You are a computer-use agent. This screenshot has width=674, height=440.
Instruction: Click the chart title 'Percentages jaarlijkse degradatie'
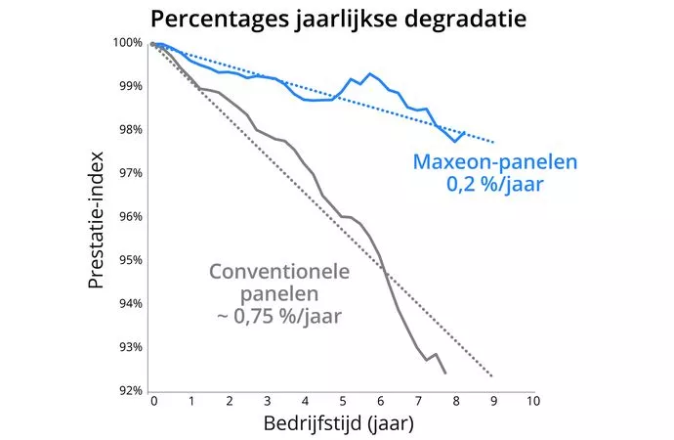[x=337, y=19]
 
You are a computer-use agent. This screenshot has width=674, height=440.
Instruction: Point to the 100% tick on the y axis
[x=128, y=43]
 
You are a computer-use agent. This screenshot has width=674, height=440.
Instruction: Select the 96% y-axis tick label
[x=131, y=217]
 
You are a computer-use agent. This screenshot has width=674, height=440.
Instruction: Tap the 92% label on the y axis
[x=131, y=391]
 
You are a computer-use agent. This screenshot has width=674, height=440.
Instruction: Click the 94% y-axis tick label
[x=131, y=304]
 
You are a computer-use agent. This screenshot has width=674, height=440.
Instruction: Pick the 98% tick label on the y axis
[x=131, y=130]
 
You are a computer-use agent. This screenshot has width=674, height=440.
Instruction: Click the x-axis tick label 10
[x=531, y=402]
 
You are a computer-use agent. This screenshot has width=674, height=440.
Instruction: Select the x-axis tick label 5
[x=342, y=402]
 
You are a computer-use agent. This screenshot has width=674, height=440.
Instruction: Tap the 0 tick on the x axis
[x=153, y=402]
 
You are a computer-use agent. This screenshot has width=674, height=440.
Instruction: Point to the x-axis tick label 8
[x=455, y=402]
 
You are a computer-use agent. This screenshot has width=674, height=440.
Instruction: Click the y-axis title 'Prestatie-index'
[x=96, y=217]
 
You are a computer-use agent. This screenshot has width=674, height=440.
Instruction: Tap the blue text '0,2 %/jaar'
[x=493, y=183]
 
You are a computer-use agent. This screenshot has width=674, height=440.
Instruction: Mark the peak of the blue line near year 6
[x=370, y=73]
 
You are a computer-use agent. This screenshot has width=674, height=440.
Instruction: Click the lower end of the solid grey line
[x=445, y=374]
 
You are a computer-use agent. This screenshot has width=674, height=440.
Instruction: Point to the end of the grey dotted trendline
[x=492, y=376]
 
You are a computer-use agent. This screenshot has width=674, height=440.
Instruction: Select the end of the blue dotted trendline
[x=493, y=142]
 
